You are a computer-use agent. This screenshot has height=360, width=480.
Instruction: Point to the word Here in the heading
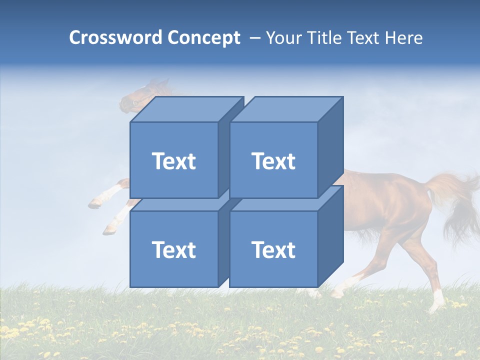click(x=402, y=37)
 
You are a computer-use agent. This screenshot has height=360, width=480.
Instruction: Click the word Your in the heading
click(x=284, y=37)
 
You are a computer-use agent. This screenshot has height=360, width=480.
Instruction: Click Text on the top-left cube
click(x=173, y=161)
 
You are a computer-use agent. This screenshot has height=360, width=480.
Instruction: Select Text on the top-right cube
click(x=273, y=161)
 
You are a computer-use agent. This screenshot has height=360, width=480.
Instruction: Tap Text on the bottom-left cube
click(x=173, y=249)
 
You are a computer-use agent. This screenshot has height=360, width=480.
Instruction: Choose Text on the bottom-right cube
click(x=273, y=249)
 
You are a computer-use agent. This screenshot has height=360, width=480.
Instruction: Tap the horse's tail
click(x=457, y=200)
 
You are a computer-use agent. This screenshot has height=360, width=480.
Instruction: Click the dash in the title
click(x=254, y=37)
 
